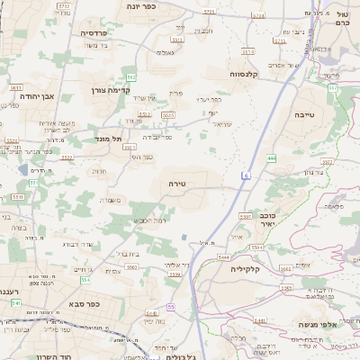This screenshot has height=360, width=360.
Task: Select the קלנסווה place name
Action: pos(245,74)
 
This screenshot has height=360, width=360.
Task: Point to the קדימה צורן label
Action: pos(111,90)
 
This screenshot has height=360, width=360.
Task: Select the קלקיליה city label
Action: pos(245,268)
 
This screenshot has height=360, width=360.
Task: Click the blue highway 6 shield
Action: pos(244,175)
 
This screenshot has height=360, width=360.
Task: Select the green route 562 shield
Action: pos(131,78)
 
